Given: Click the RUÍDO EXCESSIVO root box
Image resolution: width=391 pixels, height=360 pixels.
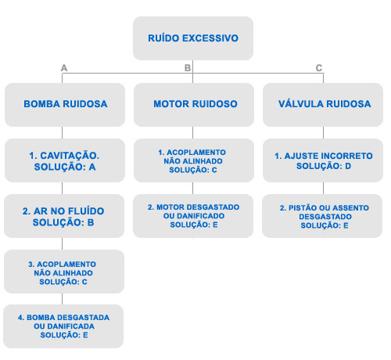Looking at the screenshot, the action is click(x=193, y=38).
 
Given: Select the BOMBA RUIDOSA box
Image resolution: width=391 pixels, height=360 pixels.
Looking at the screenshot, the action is click(x=65, y=105).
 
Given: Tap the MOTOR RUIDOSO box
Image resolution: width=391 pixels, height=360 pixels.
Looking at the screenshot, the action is click(x=194, y=105).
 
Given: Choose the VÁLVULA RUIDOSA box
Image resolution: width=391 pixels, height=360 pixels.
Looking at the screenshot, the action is click(x=323, y=105).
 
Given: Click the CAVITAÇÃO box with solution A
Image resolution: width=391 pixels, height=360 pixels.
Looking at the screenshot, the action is click(x=65, y=160).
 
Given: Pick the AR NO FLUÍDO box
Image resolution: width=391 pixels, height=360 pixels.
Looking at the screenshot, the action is click(x=64, y=216).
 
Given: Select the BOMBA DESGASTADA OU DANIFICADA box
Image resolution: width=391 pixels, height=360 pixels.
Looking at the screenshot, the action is click(x=63, y=326).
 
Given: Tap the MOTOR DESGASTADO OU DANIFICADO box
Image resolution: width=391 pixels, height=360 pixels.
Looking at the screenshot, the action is click(x=193, y=216).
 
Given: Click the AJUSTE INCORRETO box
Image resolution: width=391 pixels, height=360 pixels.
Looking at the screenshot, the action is click(x=323, y=160).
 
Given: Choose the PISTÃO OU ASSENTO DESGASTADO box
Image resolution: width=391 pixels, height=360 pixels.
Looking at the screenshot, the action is click(x=322, y=216).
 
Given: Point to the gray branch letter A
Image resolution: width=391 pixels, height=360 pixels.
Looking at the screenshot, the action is click(x=64, y=68).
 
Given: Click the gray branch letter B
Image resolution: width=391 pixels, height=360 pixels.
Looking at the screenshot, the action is click(x=188, y=68).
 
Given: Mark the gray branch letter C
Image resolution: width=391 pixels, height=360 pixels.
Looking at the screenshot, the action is click(x=319, y=68).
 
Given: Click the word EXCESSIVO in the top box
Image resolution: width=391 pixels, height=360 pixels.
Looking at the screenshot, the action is click(x=210, y=38).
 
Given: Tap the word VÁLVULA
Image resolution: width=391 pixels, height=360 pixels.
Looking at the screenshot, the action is click(x=301, y=103).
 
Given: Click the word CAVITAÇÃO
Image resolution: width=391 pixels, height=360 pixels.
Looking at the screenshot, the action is click(x=70, y=156).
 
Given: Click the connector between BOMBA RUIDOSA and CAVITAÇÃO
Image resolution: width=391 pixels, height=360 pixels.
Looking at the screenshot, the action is click(x=62, y=133).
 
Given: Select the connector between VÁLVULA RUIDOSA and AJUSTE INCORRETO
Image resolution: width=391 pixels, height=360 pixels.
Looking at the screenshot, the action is click(x=323, y=133).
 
